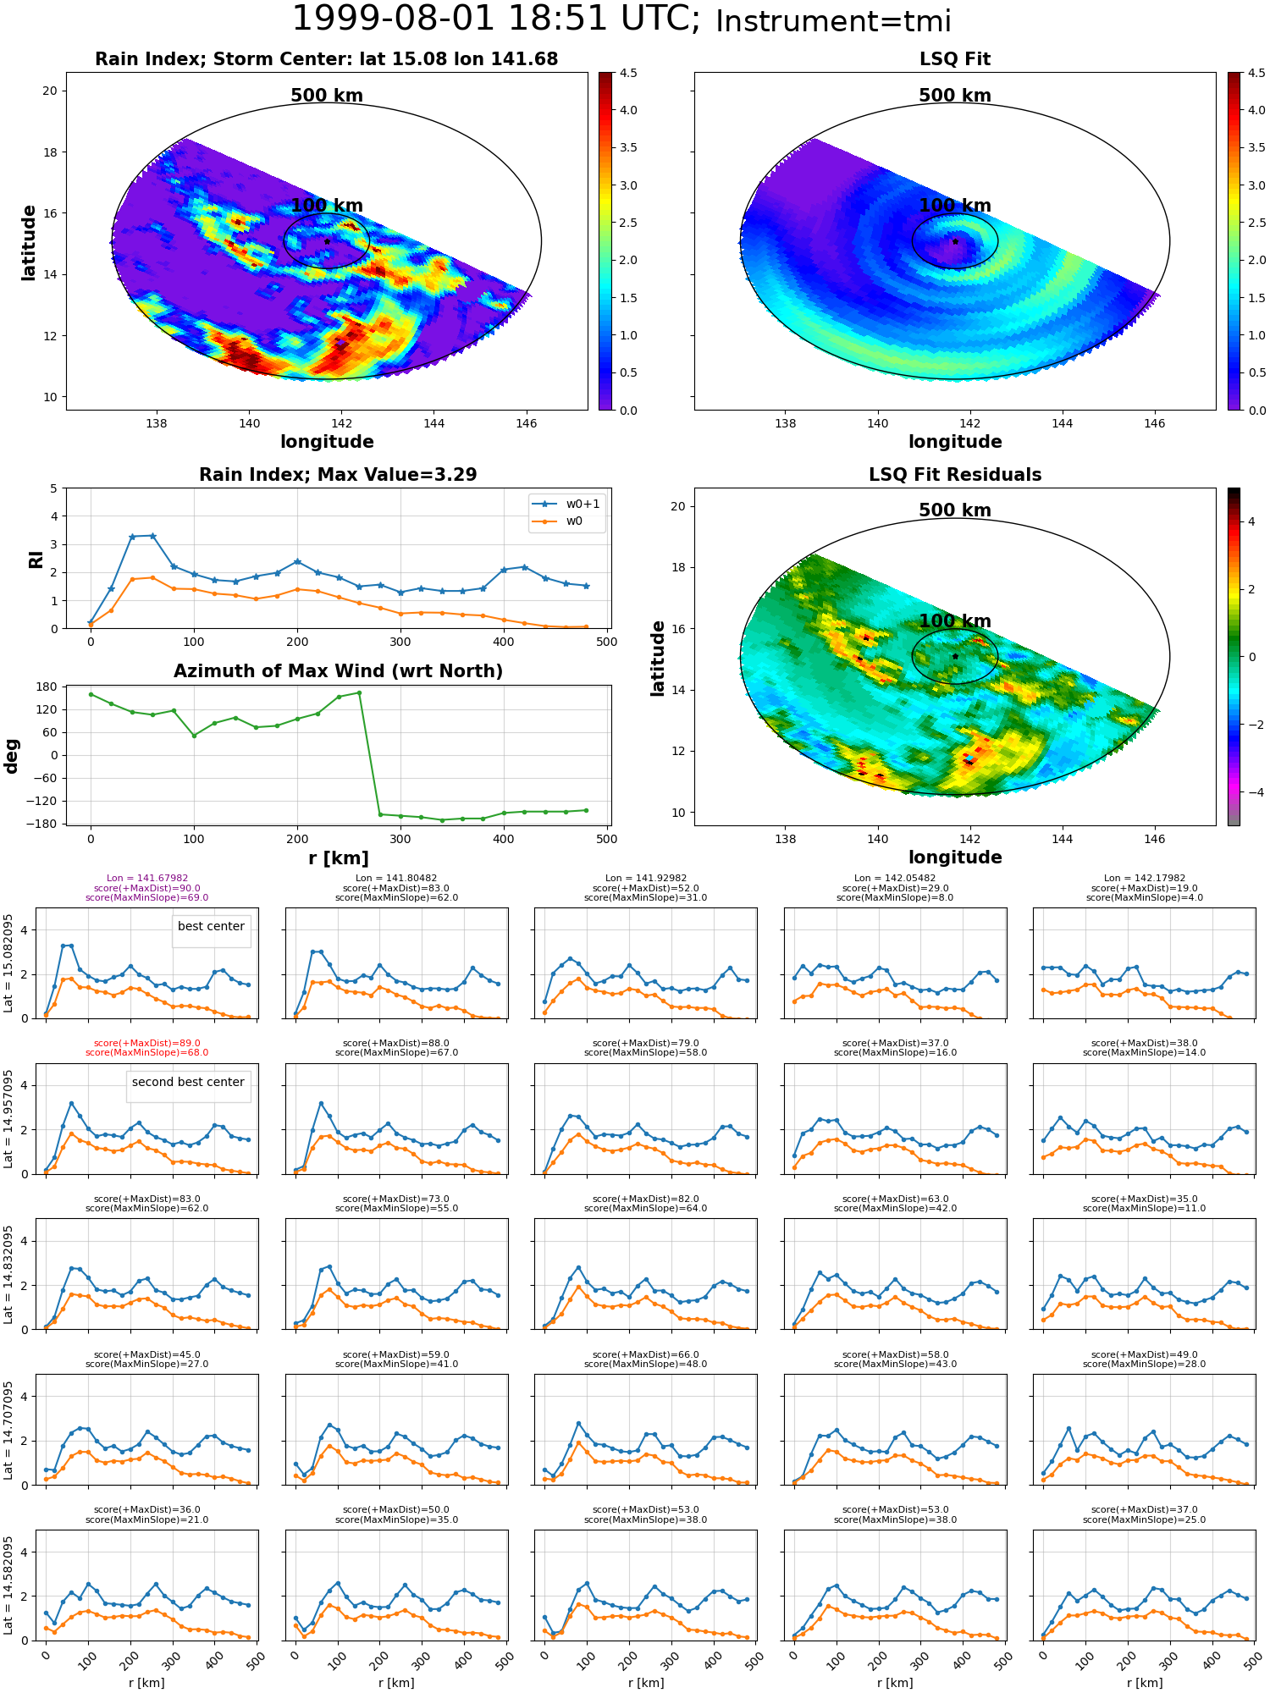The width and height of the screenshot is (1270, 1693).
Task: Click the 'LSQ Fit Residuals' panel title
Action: click(x=954, y=475)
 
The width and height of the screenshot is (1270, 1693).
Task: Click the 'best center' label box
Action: click(x=211, y=927)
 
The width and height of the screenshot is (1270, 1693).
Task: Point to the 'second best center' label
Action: click(x=188, y=1082)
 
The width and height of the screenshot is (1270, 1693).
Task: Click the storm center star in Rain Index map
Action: click(x=327, y=241)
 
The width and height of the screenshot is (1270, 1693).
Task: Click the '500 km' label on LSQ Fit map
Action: click(x=954, y=96)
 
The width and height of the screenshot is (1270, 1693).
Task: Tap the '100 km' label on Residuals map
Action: click(x=954, y=621)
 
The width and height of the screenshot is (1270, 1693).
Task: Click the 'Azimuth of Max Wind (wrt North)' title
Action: click(x=338, y=671)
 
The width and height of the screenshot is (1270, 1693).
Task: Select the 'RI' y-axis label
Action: click(x=36, y=559)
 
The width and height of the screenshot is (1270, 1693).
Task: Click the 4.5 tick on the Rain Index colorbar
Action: click(x=628, y=73)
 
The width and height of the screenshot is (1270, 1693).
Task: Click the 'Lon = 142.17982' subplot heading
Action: click(x=1144, y=879)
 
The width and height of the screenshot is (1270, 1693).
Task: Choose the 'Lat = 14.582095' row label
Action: click(x=8, y=1585)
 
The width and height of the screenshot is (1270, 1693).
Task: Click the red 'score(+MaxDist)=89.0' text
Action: click(x=146, y=1044)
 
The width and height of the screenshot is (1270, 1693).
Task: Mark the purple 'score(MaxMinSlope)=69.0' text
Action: click(x=146, y=897)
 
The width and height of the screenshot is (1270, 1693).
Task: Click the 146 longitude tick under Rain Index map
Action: click(x=526, y=423)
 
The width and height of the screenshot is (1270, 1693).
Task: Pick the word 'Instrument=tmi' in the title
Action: click(x=833, y=21)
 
